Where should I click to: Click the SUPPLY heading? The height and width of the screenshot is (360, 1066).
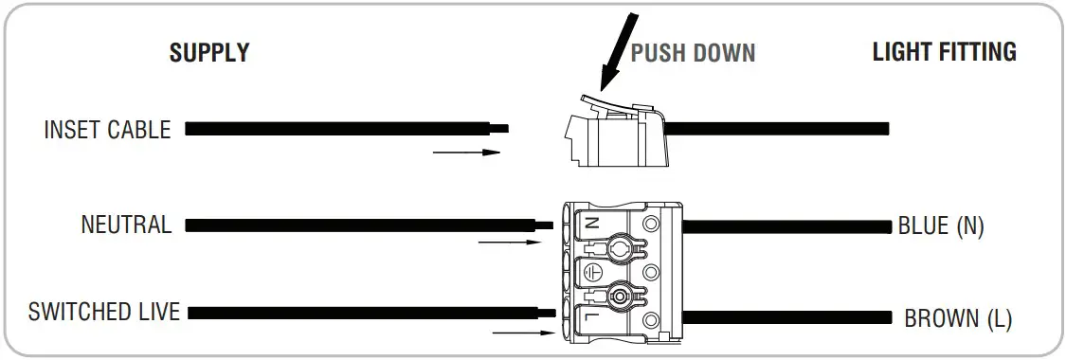pos(208,53)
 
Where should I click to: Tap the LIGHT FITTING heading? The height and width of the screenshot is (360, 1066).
pos(944,52)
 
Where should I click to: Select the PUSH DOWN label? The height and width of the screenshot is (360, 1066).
pos(693,53)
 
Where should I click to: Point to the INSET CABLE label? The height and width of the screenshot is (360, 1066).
pos(107,130)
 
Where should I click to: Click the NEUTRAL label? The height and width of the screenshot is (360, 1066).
pos(126,225)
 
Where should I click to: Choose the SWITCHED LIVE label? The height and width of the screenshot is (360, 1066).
pos(104,312)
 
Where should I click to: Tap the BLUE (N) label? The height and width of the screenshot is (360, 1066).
pos(941,226)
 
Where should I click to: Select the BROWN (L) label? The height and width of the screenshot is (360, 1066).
pos(958,318)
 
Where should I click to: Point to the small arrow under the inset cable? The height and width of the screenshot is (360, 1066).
pos(465,152)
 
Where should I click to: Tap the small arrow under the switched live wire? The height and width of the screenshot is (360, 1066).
pos(525,333)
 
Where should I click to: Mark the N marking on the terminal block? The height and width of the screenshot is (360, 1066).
pos(592,225)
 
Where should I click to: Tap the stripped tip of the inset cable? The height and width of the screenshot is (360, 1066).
pos(498,128)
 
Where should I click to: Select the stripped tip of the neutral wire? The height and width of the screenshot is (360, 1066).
pos(544,225)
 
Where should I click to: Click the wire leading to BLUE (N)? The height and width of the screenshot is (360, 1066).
pos(786,226)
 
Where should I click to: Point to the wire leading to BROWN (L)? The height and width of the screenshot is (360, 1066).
pos(786,317)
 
